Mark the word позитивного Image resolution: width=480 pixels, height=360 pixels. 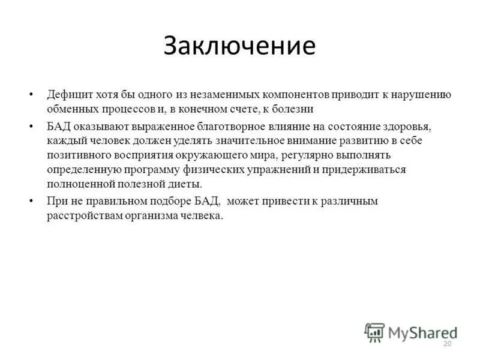click(x=77, y=155)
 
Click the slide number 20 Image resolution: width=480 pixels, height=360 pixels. click(x=446, y=343)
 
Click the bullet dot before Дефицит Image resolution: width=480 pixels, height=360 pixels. click(x=32, y=95)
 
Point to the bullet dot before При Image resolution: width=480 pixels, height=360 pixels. click(x=32, y=201)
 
